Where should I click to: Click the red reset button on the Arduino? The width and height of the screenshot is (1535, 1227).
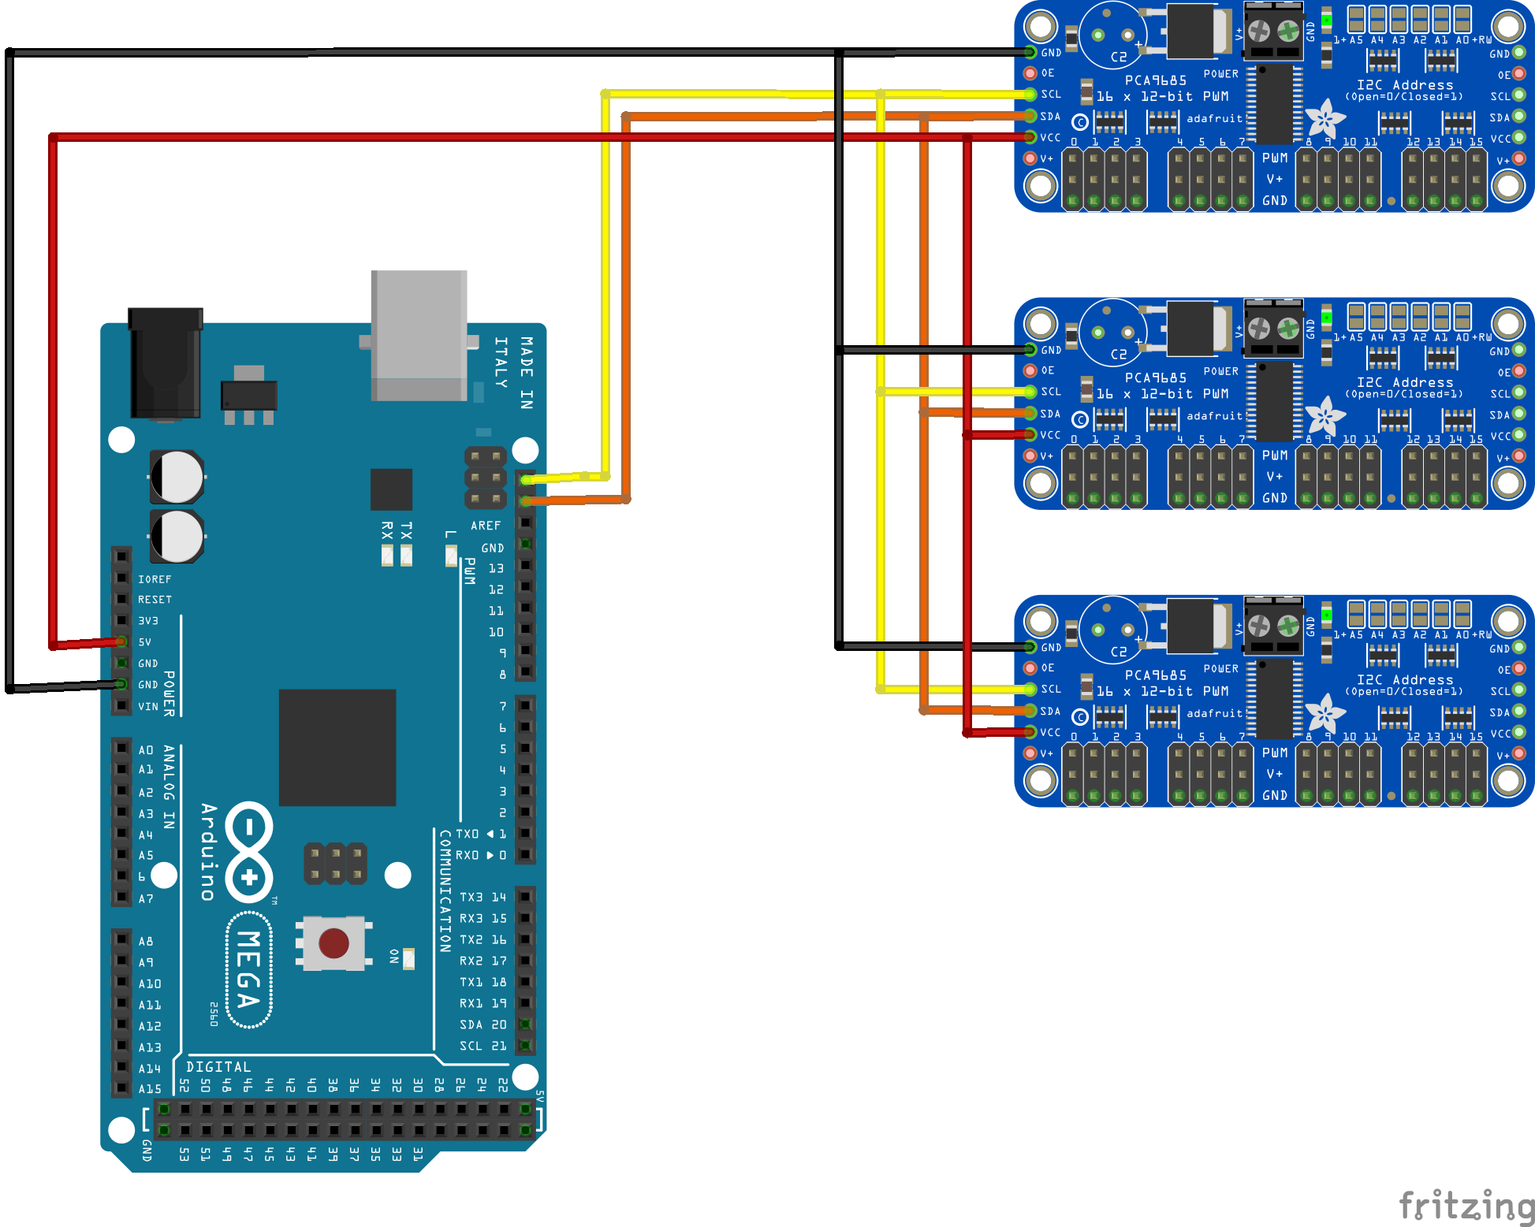[x=333, y=943]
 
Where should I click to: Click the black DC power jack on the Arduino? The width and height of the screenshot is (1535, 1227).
[x=166, y=363]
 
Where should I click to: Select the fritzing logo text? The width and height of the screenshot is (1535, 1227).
[x=1466, y=1207]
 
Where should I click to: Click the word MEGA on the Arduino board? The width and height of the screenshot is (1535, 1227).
[x=249, y=969]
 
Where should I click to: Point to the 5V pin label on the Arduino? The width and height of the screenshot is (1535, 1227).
[x=145, y=642]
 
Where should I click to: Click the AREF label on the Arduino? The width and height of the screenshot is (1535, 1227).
[x=486, y=526]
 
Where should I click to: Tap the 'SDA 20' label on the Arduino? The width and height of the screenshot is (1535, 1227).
[x=482, y=1024]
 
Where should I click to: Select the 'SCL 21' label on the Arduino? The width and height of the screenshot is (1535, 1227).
[x=482, y=1046]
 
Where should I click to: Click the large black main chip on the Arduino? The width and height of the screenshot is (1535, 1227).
[x=337, y=747]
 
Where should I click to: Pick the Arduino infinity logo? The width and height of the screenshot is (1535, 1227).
[x=249, y=852]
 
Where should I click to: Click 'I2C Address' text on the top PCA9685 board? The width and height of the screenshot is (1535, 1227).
[x=1405, y=85]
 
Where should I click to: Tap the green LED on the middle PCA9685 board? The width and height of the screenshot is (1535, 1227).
[x=1327, y=317]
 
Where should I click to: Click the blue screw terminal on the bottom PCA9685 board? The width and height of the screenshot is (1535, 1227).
[x=1272, y=627]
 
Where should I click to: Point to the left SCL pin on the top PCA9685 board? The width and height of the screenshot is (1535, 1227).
[x=1030, y=95]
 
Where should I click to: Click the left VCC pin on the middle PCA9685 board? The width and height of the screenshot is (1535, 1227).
[x=1030, y=434]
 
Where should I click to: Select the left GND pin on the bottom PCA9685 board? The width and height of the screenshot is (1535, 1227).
[x=1030, y=647]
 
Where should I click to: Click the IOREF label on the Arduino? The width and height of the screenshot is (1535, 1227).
[x=155, y=579]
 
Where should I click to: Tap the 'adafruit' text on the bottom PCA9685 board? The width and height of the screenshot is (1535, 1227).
[x=1214, y=713]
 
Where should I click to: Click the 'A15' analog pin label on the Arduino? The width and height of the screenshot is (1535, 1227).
[x=150, y=1089]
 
